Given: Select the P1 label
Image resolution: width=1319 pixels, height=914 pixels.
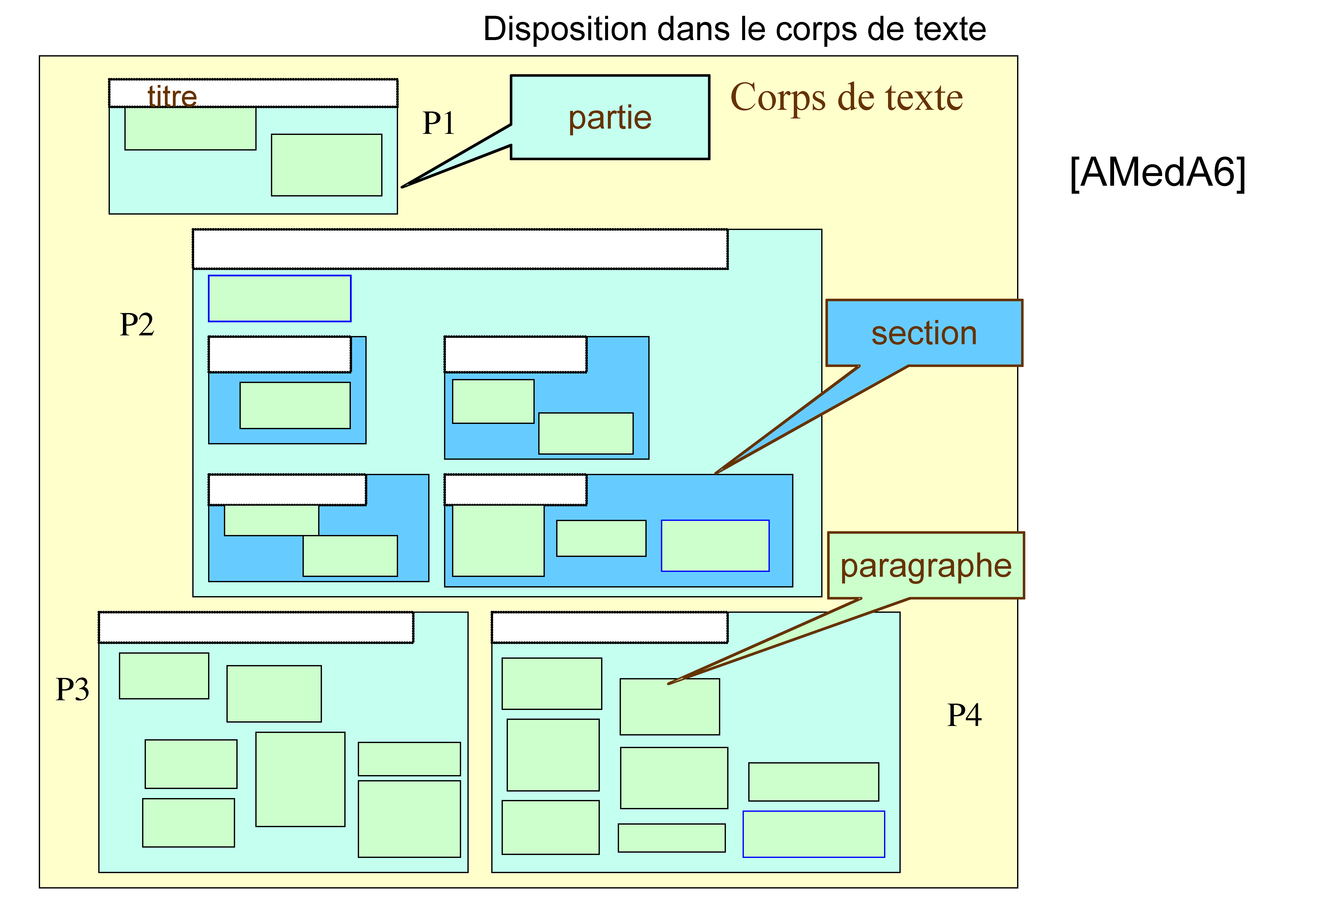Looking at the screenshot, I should [438, 123].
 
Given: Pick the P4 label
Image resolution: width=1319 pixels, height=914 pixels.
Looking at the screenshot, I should [964, 715].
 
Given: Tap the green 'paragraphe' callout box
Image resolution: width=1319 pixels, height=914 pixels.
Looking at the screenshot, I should [926, 566].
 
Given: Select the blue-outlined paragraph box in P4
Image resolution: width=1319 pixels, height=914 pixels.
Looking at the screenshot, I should [813, 834].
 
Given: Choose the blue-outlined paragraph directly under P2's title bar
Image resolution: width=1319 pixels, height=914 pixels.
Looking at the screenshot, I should [280, 298].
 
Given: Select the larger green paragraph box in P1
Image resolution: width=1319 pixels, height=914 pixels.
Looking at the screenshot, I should [326, 165].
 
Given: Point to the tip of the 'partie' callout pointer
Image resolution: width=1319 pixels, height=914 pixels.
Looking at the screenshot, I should [403, 187].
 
